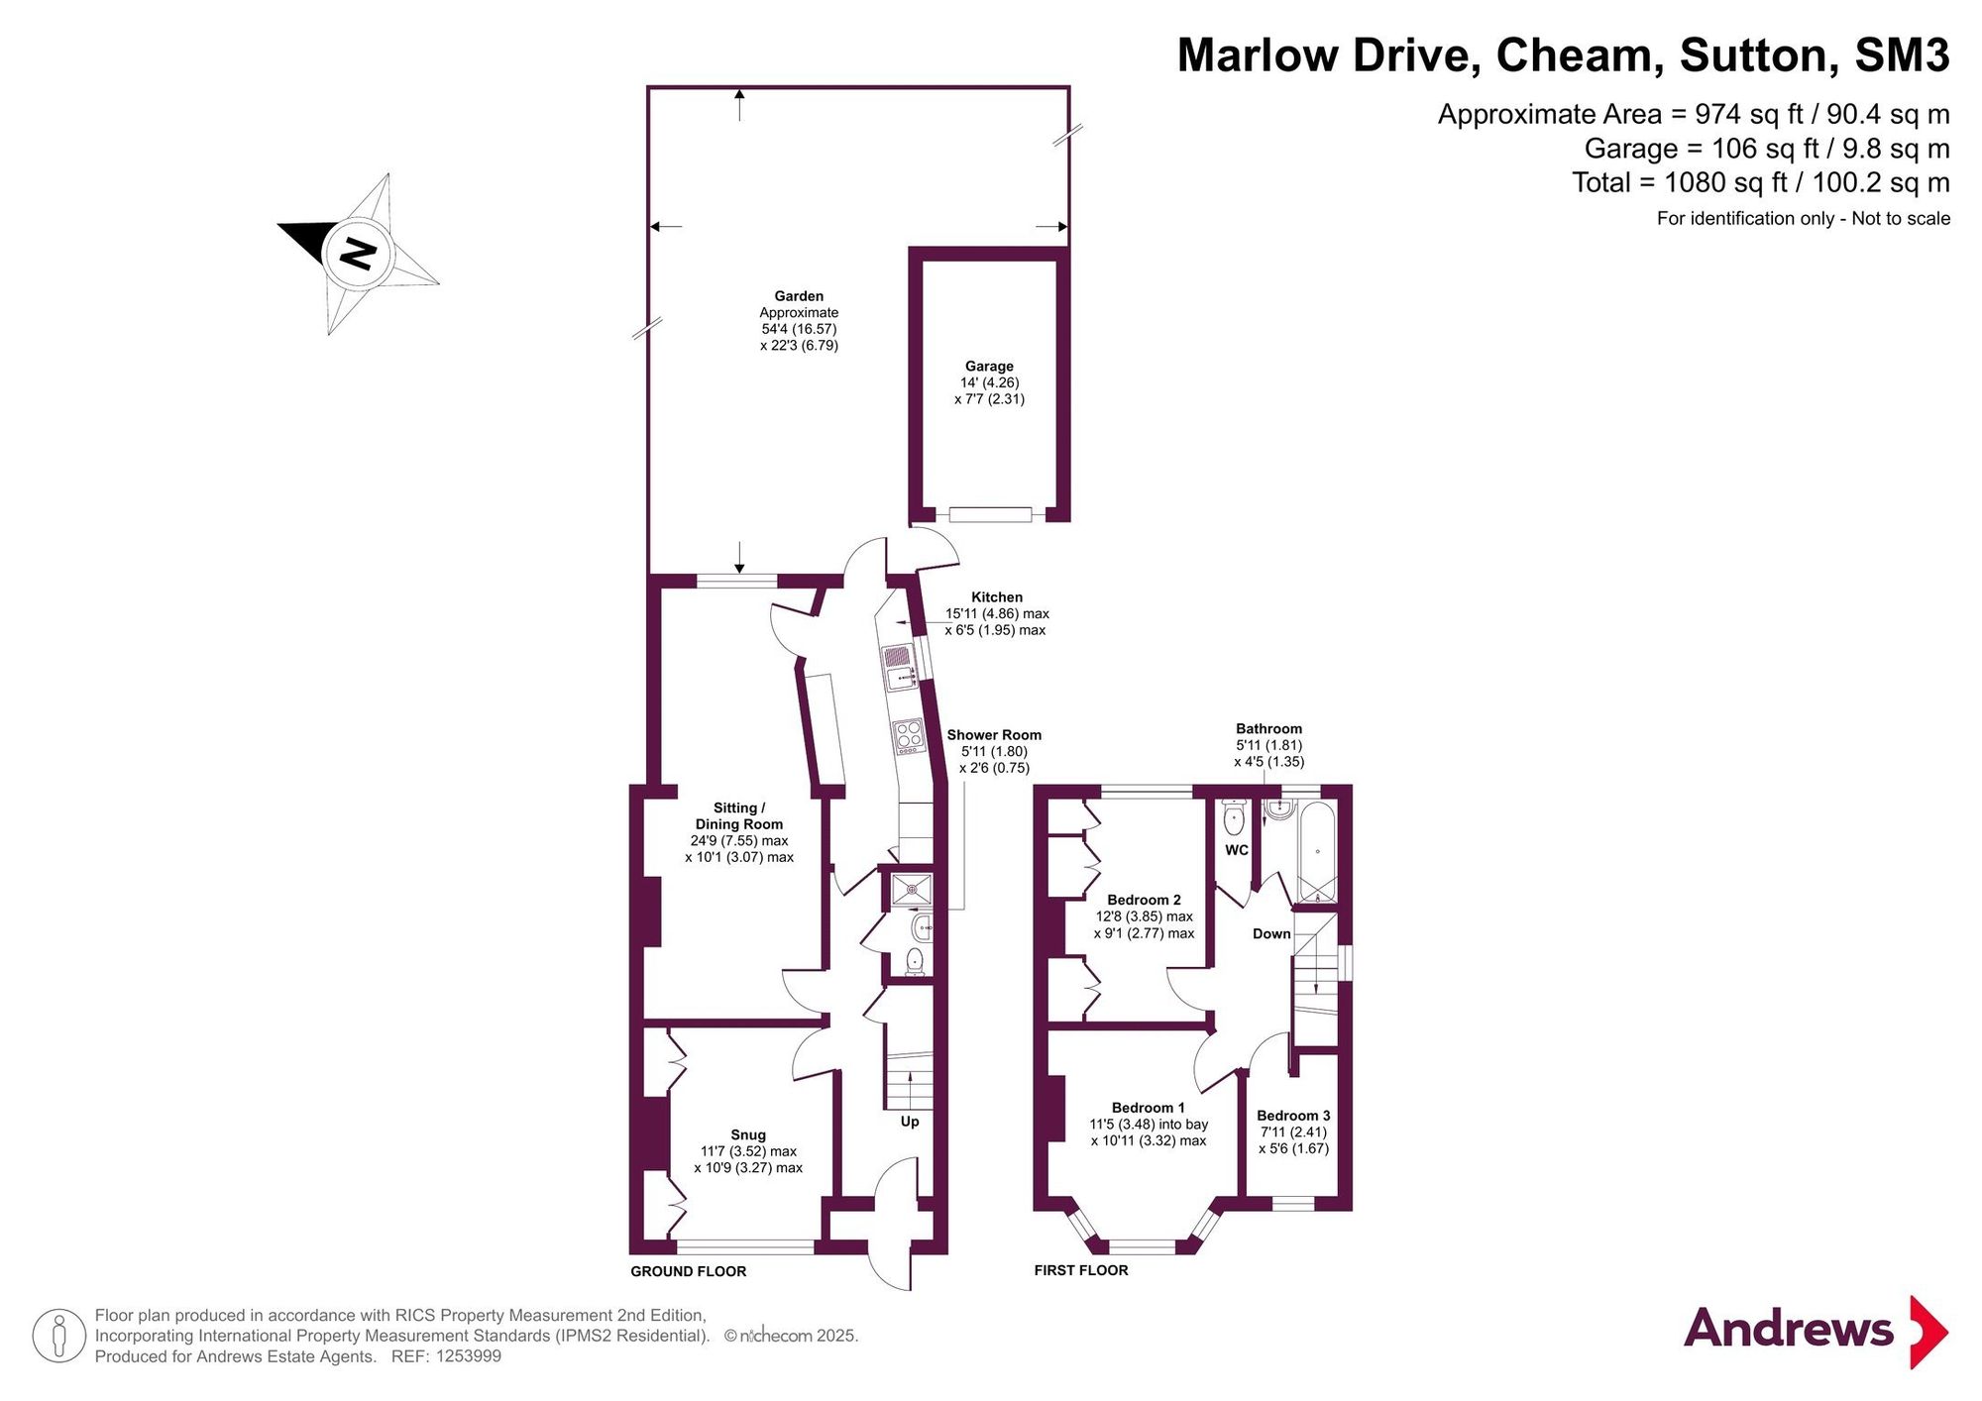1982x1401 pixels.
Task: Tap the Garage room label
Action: point(989,366)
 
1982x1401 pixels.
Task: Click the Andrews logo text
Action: point(1789,1328)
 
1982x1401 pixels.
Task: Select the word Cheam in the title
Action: point(1580,55)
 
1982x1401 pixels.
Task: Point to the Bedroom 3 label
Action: point(1293,1116)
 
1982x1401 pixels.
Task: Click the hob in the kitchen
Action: point(908,736)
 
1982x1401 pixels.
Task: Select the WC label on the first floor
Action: point(1237,850)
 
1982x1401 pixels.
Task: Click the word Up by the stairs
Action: point(910,1122)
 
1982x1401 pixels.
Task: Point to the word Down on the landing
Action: point(1271,933)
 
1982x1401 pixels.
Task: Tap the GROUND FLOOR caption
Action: point(689,1271)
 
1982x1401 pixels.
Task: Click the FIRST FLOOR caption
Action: point(1081,1270)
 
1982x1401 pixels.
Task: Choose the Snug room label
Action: point(748,1134)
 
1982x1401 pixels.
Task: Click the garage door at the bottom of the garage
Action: point(990,514)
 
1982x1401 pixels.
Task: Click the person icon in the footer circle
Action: point(59,1336)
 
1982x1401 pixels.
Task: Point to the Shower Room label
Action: point(994,735)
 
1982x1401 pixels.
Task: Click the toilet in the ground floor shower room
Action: point(915,961)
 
